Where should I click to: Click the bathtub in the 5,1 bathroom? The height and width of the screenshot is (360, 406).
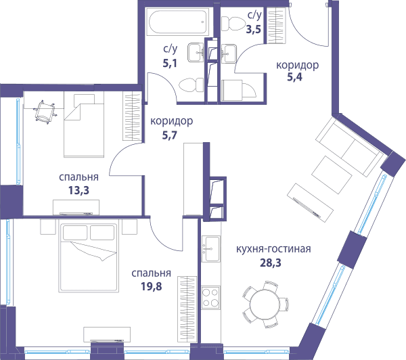coord(177,22)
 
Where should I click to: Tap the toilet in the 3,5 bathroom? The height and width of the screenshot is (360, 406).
coord(233,24)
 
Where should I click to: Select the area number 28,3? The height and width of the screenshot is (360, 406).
coord(270,263)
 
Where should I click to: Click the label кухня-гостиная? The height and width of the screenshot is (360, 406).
coord(273,249)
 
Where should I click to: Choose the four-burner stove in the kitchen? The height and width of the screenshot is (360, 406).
coord(210,298)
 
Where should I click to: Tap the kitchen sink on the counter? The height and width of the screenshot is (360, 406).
coord(211,249)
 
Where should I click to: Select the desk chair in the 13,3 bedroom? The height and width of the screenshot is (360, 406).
coord(45,112)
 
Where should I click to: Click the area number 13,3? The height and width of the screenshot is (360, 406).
coord(78,190)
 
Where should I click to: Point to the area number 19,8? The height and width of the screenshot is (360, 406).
coord(151,286)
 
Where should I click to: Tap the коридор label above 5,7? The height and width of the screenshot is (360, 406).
coord(171,121)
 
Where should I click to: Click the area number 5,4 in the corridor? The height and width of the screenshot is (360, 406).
coord(294,77)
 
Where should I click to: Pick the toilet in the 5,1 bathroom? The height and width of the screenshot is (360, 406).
coord(191,85)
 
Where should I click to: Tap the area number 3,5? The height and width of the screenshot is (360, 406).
coord(254,29)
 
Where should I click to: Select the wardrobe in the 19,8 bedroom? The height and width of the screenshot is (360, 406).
coord(187,309)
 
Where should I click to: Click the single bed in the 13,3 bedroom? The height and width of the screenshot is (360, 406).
coord(84,125)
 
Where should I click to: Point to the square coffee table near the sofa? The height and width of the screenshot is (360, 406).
coord(332,175)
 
